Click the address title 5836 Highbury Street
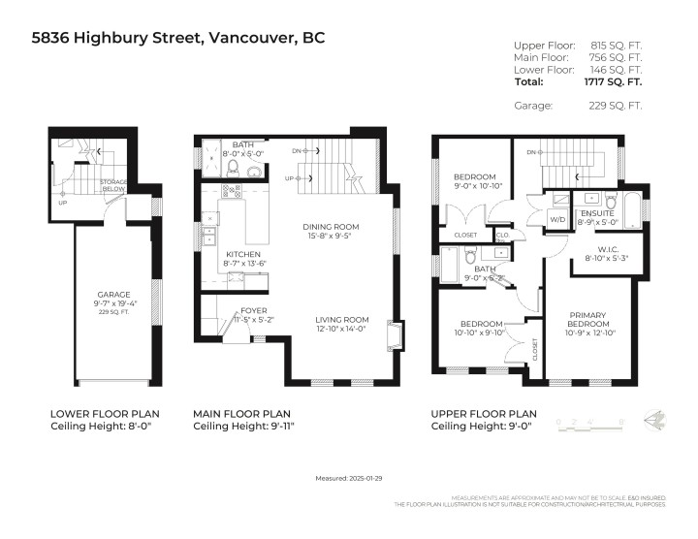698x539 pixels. click(x=177, y=38)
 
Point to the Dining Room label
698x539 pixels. click(x=331, y=227)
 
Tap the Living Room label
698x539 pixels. click(x=341, y=319)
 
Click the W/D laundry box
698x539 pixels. click(x=559, y=217)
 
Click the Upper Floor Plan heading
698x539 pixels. click(x=483, y=413)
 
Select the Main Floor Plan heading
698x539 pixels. click(x=241, y=413)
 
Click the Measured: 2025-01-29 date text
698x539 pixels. click(x=348, y=478)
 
